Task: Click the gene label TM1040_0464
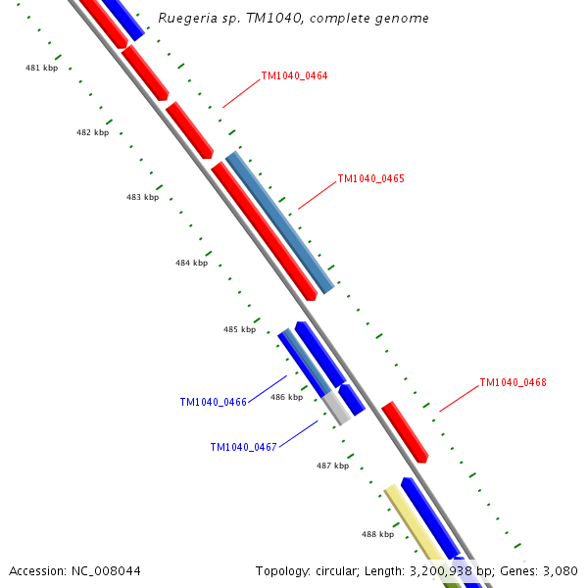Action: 294,75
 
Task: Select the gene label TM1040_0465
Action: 370,179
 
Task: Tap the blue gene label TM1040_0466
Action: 213,402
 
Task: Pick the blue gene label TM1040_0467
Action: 243,447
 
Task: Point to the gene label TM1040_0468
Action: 513,382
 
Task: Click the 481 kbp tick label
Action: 41,68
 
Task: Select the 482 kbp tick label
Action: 92,132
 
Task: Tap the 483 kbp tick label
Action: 142,197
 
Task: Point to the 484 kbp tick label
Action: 191,263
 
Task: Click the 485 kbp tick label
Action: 239,329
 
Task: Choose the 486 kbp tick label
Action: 286,397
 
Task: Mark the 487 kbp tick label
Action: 332,465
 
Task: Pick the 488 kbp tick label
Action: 377,534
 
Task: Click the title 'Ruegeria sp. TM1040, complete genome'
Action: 293,19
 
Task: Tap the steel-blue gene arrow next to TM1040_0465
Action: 279,222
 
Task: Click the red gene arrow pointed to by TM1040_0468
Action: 405,431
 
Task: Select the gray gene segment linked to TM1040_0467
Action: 336,406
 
